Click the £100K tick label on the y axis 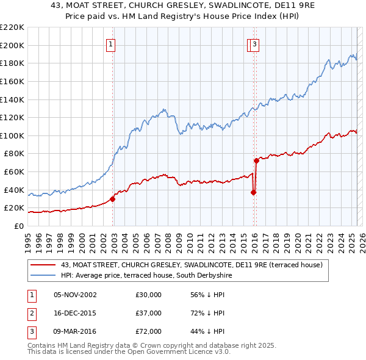(x=12, y=135)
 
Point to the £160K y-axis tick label (x=12, y=81)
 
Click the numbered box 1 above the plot (x=110, y=43)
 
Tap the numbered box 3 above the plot (x=254, y=43)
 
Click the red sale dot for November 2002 (x=112, y=199)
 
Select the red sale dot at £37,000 (x=253, y=192)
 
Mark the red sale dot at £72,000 (x=256, y=160)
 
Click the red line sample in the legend (x=43, y=265)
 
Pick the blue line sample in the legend (x=43, y=275)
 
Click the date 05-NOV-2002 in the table (x=75, y=295)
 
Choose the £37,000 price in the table (x=149, y=313)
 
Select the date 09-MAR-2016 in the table (x=76, y=331)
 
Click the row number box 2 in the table (x=30, y=313)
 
